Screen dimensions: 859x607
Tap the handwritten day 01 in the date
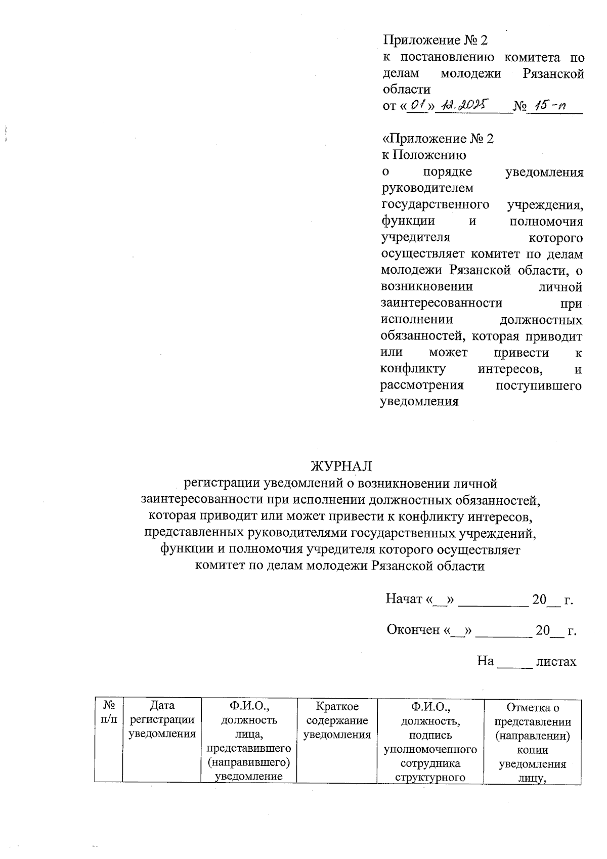coord(417,106)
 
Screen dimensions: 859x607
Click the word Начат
coord(404,599)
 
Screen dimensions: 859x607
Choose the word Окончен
coord(413,630)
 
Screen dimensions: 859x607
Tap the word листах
coord(556,661)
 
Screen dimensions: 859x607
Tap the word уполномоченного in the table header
coord(430,749)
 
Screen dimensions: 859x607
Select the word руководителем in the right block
coord(427,188)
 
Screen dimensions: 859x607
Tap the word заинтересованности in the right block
coord(441,304)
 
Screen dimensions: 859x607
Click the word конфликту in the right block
coord(413,369)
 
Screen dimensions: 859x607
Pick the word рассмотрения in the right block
coord(421,385)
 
